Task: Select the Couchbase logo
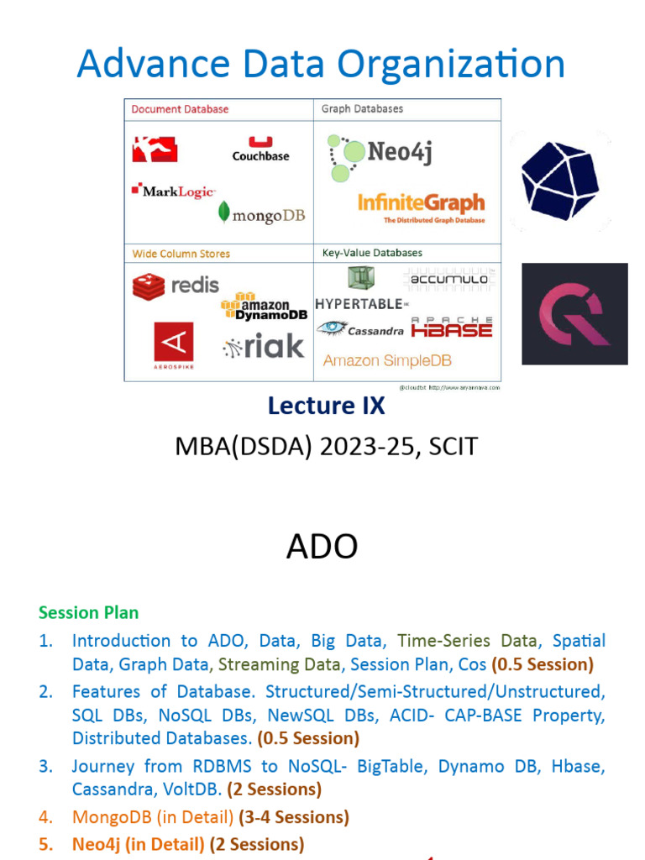coord(260,149)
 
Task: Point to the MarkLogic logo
coord(174,191)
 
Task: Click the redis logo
coord(176,286)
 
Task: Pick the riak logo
coord(264,346)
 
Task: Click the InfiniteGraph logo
coord(422,205)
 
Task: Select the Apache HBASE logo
coord(452,328)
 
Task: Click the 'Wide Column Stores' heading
coord(181,254)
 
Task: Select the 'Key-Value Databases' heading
coord(372,253)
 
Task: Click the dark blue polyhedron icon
coord(559,181)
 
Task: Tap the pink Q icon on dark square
coord(574,314)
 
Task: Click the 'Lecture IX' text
coord(326,406)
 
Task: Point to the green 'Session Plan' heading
coord(88,613)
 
